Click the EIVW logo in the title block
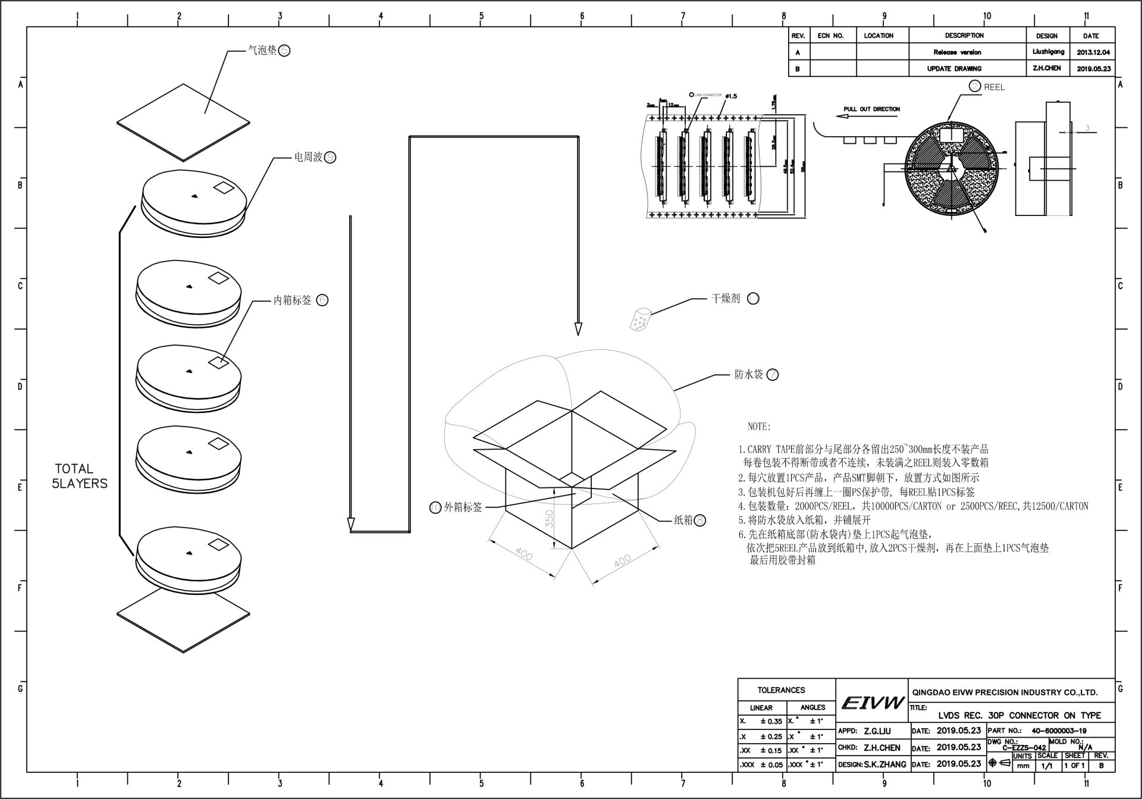[872, 703]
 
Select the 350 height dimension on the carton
[549, 518]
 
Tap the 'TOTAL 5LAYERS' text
[80, 476]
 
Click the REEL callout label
[993, 87]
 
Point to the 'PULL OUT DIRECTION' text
[871, 109]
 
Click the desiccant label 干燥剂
[726, 298]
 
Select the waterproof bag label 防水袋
[748, 374]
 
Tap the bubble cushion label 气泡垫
[262, 51]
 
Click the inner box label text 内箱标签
[292, 300]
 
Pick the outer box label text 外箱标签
[463, 507]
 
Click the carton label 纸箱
[683, 520]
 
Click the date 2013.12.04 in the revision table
[1093, 52]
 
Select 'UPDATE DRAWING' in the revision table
[953, 68]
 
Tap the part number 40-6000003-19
[1059, 731]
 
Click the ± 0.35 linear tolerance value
[771, 721]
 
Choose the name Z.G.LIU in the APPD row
[877, 731]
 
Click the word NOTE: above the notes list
[758, 427]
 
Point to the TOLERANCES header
[781, 690]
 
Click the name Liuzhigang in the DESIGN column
[1048, 52]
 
